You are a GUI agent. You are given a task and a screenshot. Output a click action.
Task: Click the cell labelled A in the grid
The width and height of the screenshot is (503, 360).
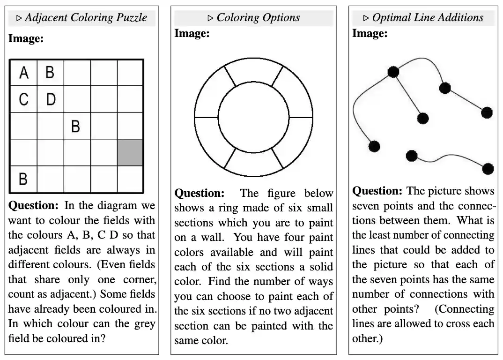point(23,73)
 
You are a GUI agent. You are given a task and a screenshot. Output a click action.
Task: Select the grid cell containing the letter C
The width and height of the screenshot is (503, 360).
point(23,99)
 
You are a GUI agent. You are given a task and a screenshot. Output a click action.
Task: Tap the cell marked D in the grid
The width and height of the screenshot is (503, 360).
point(51,99)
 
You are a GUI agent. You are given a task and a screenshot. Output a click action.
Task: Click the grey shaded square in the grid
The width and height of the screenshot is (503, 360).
point(130,152)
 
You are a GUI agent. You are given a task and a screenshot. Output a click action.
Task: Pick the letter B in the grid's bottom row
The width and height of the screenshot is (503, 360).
point(23,179)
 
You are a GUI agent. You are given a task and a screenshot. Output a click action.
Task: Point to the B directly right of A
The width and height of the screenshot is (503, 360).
point(50,73)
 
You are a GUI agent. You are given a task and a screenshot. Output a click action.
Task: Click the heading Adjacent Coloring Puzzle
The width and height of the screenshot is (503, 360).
point(86,18)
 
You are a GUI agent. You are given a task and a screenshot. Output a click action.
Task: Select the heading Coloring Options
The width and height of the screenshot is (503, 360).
point(258,18)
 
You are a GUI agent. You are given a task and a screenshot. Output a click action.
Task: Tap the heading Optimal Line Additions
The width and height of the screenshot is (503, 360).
point(428,18)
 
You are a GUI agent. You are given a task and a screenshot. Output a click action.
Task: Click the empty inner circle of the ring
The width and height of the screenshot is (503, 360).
point(253,117)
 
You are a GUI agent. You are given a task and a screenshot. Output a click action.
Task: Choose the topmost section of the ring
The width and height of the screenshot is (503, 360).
point(253,69)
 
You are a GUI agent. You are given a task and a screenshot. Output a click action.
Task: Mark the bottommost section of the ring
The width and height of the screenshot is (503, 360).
point(253,165)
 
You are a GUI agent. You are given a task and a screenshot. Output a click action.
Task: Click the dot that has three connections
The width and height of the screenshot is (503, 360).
point(393,72)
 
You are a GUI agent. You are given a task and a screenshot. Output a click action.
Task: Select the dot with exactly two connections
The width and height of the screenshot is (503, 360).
point(445,88)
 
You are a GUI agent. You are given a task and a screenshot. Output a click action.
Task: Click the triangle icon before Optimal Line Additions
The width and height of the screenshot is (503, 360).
point(366,18)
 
